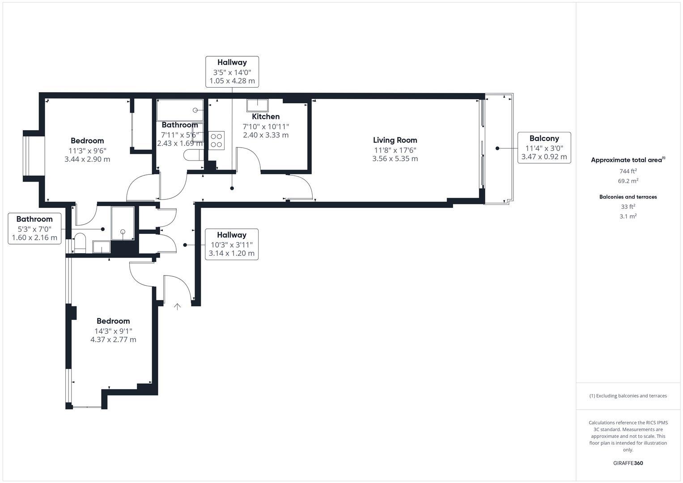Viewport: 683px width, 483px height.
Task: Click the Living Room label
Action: pyautogui.click(x=395, y=140)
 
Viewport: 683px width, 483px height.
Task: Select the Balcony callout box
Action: pyautogui.click(x=544, y=148)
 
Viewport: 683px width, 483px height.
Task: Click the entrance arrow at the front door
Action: pyautogui.click(x=178, y=307)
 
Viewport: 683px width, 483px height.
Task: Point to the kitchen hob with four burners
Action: pyautogui.click(x=216, y=140)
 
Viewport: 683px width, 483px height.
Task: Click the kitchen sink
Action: pyautogui.click(x=257, y=105)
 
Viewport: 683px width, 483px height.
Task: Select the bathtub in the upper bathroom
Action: pyautogui.click(x=180, y=110)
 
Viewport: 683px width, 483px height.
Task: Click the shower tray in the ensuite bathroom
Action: pyautogui.click(x=123, y=223)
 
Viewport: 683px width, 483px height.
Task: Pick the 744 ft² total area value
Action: pyautogui.click(x=628, y=171)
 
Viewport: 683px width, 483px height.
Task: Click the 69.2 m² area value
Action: pyautogui.click(x=628, y=181)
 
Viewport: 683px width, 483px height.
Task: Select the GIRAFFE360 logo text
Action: pyautogui.click(x=628, y=463)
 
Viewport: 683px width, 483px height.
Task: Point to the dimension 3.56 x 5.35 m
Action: pyautogui.click(x=395, y=159)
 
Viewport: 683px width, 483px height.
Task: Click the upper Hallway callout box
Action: pyautogui.click(x=232, y=72)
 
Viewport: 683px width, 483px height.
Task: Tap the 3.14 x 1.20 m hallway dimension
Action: pyautogui.click(x=232, y=253)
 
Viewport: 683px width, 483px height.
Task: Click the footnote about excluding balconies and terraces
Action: pyautogui.click(x=628, y=396)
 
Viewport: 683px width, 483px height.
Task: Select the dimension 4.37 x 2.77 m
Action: pyautogui.click(x=113, y=339)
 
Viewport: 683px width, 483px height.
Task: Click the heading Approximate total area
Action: pyautogui.click(x=627, y=160)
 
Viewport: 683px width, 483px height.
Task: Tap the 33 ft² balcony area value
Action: pyautogui.click(x=628, y=207)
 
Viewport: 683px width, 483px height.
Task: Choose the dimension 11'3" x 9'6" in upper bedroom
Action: pyautogui.click(x=87, y=151)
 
